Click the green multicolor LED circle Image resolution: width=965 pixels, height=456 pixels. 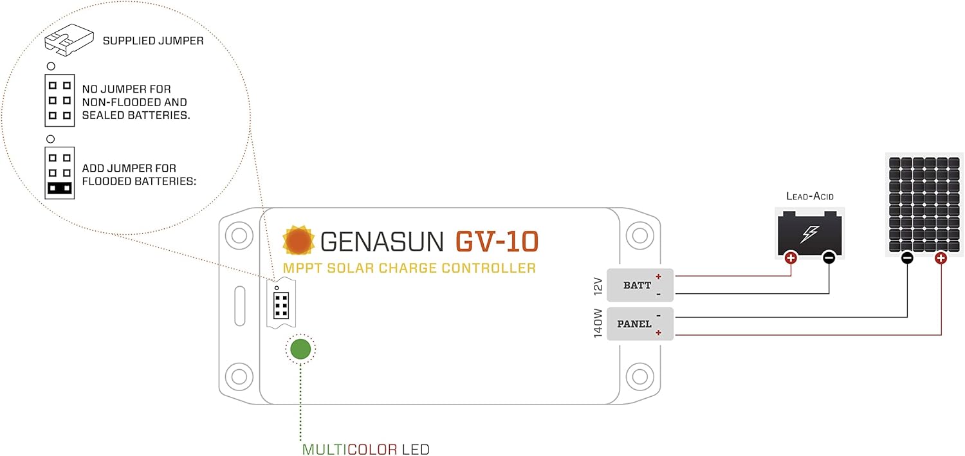click(300, 349)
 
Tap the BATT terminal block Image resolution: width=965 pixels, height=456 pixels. click(639, 285)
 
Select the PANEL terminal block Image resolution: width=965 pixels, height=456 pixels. click(639, 324)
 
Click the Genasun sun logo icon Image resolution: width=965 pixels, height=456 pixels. click(299, 241)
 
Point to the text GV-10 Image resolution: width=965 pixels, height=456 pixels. click(497, 241)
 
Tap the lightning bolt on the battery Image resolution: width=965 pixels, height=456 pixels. click(809, 233)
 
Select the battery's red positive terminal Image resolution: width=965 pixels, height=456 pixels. click(791, 258)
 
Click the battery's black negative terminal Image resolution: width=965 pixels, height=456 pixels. click(829, 258)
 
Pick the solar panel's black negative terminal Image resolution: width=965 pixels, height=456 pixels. click(907, 259)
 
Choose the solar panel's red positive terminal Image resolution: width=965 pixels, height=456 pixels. click(941, 259)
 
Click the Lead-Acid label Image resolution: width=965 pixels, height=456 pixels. click(809, 196)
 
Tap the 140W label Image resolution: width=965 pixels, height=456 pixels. click(598, 324)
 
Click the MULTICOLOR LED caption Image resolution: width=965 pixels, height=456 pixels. click(365, 449)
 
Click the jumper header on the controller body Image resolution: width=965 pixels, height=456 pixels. click(281, 306)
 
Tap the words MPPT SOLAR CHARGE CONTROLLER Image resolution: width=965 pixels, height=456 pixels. click(409, 268)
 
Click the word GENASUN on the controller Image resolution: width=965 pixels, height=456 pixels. click(382, 242)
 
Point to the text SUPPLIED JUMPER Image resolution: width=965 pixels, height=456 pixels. click(153, 41)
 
